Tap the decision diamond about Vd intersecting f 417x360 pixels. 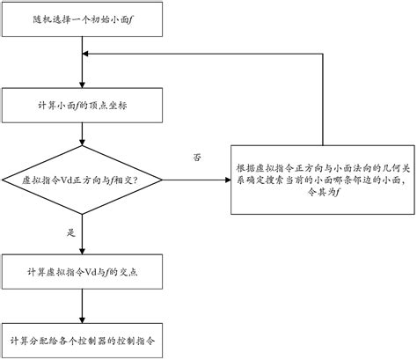(x=82, y=180)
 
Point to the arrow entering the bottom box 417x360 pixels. (x=82, y=308)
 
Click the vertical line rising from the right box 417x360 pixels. (x=323, y=97)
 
